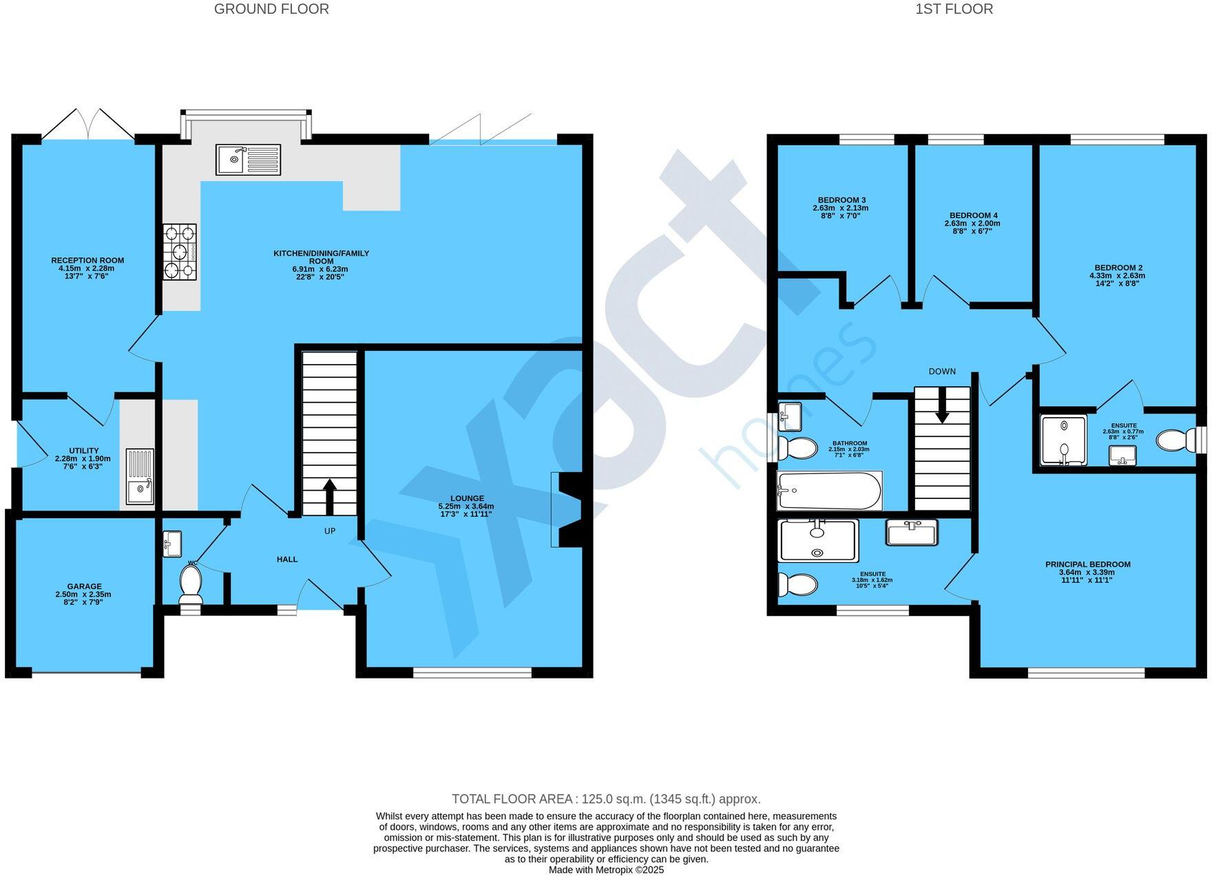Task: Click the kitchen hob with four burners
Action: [x=180, y=252]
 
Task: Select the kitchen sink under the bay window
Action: [x=248, y=160]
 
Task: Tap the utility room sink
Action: [x=140, y=476]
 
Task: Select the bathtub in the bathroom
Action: [x=829, y=491]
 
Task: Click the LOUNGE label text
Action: [x=467, y=498]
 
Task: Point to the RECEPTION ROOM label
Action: [x=87, y=260]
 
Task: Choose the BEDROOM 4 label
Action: [x=972, y=215]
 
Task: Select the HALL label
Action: [x=287, y=559]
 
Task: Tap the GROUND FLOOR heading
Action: [x=271, y=9]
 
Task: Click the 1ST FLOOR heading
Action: [x=954, y=9]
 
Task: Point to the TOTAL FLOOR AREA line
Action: [x=606, y=799]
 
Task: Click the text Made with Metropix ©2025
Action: [x=606, y=870]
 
